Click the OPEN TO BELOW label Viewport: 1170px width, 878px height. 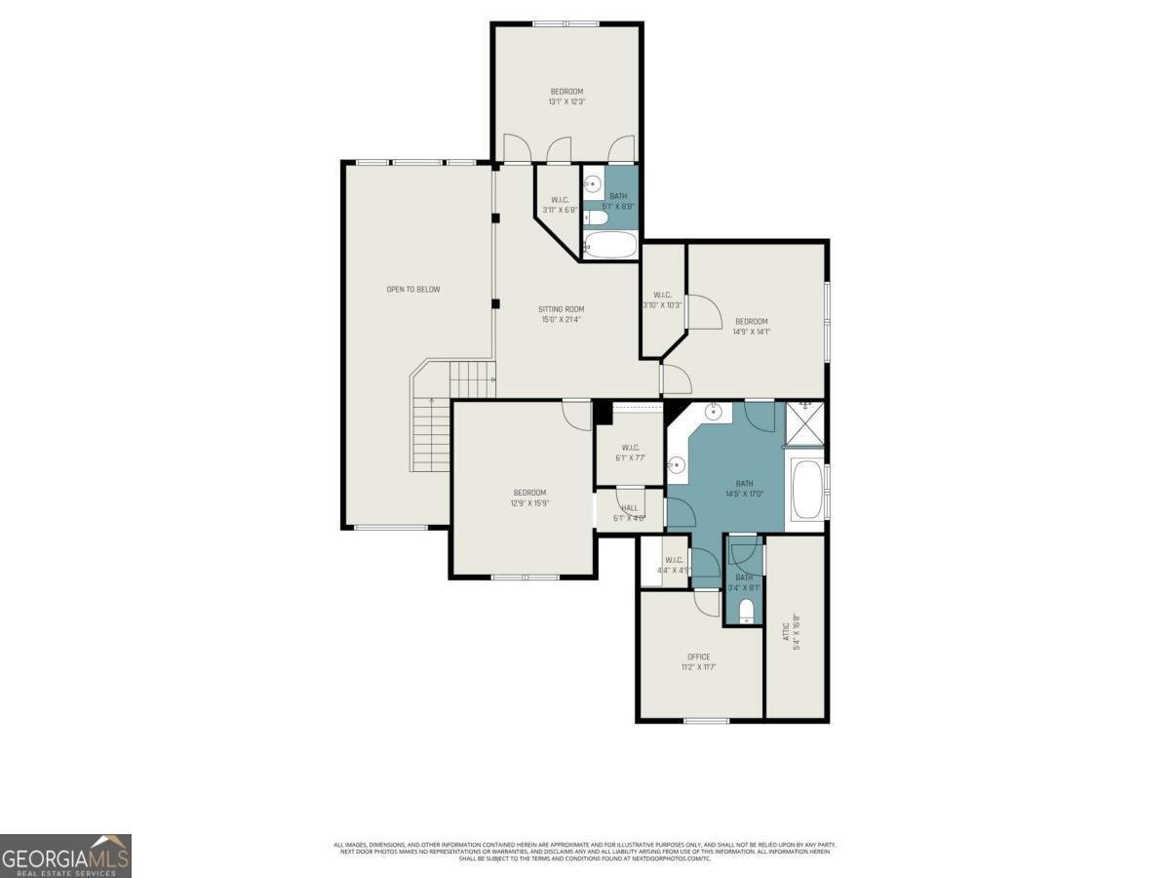[413, 289]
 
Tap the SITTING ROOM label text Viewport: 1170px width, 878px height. [562, 309]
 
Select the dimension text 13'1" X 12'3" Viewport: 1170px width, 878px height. [566, 101]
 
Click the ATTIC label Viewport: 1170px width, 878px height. [786, 625]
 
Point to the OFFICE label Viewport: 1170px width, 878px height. [698, 657]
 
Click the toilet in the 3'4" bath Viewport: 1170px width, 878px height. [746, 611]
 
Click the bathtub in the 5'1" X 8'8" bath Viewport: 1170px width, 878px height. [609, 244]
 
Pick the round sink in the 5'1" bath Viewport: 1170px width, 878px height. [594, 182]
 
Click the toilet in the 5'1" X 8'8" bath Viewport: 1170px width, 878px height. [594, 219]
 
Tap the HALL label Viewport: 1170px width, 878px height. [630, 507]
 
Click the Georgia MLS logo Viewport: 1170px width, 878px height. [65, 856]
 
